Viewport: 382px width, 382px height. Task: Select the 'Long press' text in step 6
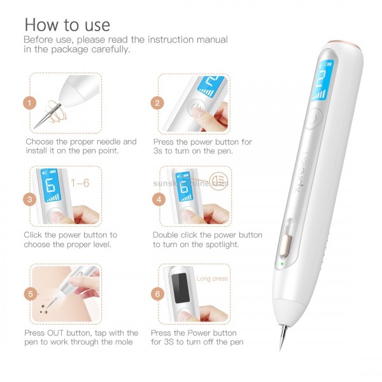pyautogui.click(x=212, y=278)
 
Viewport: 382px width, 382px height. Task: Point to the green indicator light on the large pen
pyautogui.click(x=279, y=262)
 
